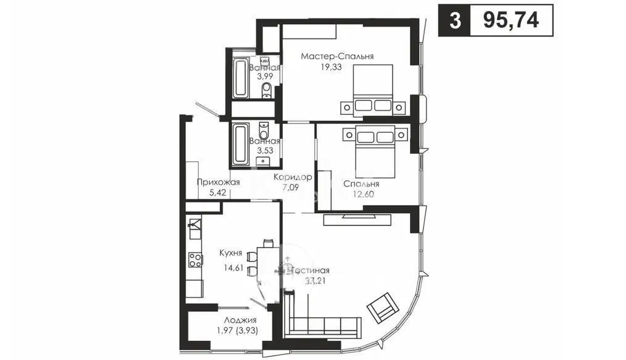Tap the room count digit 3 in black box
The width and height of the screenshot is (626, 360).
pos(454,20)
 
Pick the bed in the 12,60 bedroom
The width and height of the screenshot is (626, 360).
pos(376,140)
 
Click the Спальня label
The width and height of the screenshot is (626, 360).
pos(361,184)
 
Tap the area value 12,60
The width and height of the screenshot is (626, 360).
pos(361,195)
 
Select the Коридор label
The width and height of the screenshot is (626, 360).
pos(291,177)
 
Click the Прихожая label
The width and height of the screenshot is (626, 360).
pos(218,182)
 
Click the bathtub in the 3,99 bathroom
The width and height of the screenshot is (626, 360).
pos(240,78)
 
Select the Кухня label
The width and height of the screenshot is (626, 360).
pos(230,253)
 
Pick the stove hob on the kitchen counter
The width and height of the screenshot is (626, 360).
pos(195,260)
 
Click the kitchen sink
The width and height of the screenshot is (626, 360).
pos(194,225)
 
